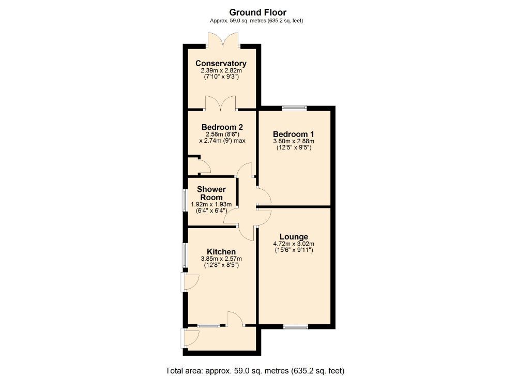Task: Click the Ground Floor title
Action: [257, 12]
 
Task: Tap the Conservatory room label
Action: [221, 64]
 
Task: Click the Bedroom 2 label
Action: [222, 127]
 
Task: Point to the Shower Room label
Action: [210, 193]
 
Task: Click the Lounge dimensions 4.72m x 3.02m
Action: [294, 244]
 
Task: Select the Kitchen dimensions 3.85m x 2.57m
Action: [221, 259]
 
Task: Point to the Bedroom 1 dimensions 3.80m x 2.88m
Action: [294, 140]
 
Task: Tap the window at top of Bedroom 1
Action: [294, 108]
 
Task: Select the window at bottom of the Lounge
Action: [295, 326]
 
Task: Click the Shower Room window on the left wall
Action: [185, 200]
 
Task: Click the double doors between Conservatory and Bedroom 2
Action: [221, 103]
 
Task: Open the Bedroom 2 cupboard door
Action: [203, 167]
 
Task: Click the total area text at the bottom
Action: [254, 370]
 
